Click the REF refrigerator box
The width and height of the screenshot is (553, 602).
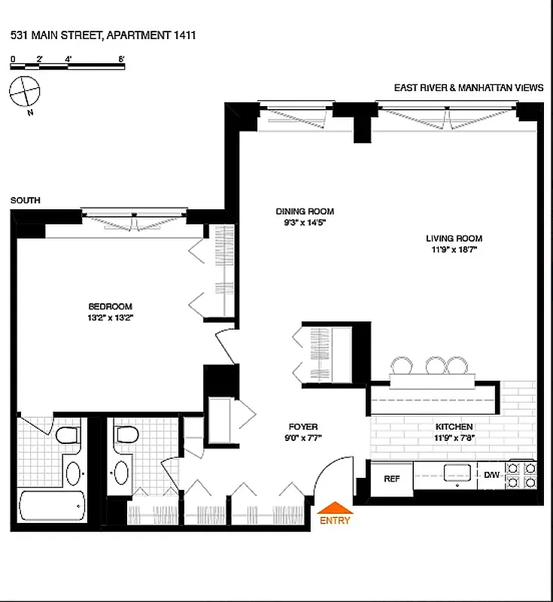(x=391, y=479)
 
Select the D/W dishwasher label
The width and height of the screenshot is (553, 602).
(x=491, y=475)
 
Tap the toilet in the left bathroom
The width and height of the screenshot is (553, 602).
(x=67, y=436)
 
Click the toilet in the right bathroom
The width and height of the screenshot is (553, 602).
(x=126, y=435)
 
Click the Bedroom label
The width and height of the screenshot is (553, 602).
(x=110, y=306)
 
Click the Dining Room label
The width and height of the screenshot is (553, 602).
(x=304, y=211)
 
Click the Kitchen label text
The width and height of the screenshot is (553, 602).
(x=454, y=427)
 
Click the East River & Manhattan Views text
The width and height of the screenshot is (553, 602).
(x=468, y=88)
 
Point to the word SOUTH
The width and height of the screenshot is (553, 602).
(x=26, y=200)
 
